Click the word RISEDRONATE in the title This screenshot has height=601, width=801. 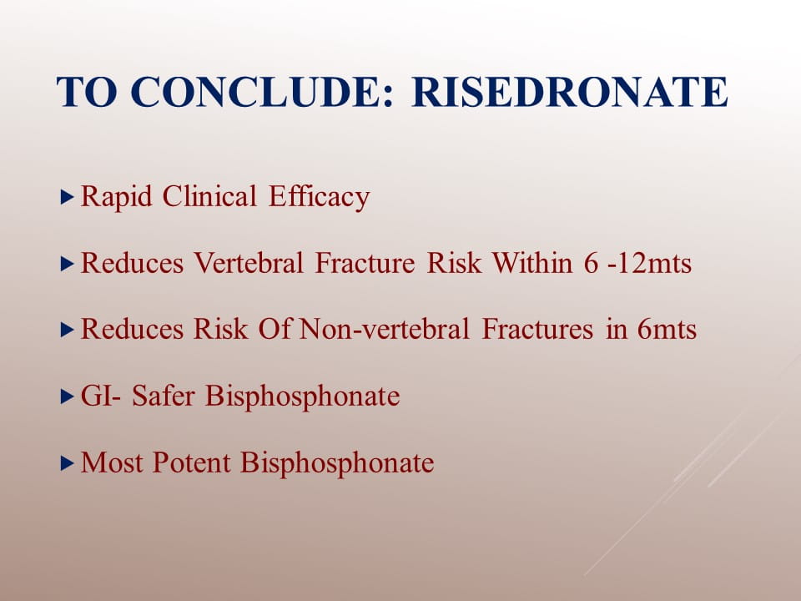click(570, 92)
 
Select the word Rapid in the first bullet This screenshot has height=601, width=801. click(117, 197)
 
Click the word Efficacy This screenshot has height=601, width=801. click(319, 197)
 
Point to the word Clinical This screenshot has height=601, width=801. click(209, 196)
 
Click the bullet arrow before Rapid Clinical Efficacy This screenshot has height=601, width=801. click(68, 197)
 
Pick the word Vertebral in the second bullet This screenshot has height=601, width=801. click(249, 263)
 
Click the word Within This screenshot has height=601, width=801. click(531, 263)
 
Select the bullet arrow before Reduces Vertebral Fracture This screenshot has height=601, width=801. click(68, 264)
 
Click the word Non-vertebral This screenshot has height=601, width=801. click(384, 329)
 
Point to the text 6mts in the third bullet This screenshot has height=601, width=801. click(667, 329)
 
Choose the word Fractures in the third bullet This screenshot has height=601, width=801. click(537, 329)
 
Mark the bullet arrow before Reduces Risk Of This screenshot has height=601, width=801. click(68, 330)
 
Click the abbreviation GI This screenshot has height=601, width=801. click(97, 396)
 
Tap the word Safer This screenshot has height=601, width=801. click(163, 396)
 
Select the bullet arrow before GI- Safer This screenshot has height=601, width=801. click(68, 396)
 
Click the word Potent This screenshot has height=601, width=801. click(192, 462)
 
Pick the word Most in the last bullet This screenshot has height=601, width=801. click(111, 462)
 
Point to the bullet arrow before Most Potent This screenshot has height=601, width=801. click(68, 463)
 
